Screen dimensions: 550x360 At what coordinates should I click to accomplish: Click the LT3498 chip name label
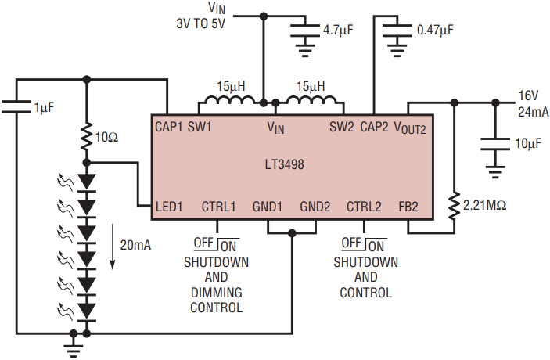coord(285,164)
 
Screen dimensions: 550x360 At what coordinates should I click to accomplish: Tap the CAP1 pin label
coord(169,127)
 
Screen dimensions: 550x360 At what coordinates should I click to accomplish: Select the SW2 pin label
coord(342,127)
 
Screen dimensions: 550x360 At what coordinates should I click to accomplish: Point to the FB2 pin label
coord(408,207)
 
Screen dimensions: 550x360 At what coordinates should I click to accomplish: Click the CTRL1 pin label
coord(218,207)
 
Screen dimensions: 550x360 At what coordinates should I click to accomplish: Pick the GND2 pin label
coord(315,207)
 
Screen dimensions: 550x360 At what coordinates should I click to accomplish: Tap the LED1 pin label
coord(169,207)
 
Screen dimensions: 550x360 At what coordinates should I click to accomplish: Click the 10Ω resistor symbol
coord(87,136)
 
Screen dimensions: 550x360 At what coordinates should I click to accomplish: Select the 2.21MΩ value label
coord(485,205)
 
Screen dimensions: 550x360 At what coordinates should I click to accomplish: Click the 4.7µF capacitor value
coord(338,31)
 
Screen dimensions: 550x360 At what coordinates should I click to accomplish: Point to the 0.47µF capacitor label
coord(435,31)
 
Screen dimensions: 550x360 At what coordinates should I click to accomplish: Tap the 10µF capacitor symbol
coord(495,144)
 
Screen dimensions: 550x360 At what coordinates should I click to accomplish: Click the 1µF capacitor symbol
coord(16,107)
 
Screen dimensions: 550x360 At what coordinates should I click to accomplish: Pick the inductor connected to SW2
coord(311,100)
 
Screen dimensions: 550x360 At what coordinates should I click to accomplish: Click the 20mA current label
coord(135,245)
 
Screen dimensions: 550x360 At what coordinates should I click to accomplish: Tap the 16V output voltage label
coord(528,95)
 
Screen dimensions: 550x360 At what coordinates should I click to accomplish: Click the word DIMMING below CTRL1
coord(217,292)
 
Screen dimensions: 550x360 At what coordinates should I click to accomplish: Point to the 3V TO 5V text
coord(200,23)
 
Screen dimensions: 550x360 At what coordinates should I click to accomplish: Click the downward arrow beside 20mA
coord(113,247)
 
